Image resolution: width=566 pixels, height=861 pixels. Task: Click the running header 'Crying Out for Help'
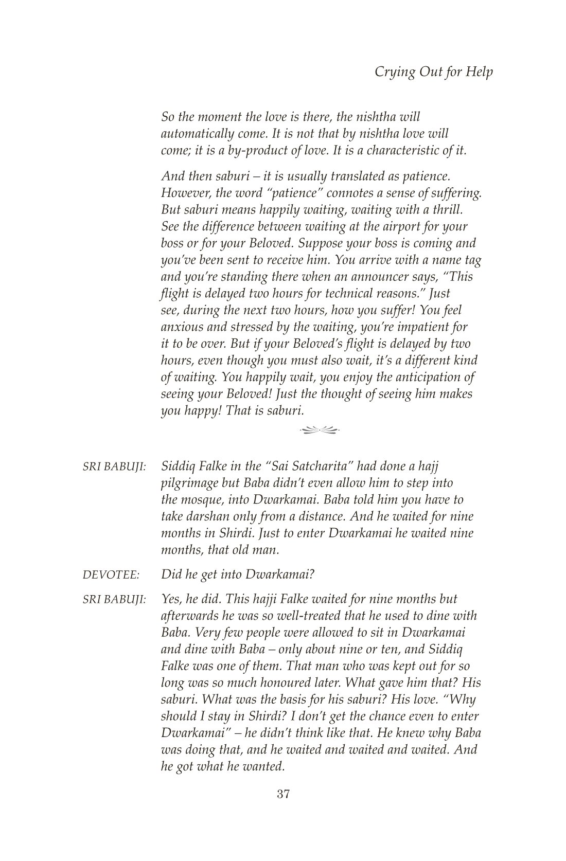click(433, 71)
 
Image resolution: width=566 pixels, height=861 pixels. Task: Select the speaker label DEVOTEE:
click(111, 575)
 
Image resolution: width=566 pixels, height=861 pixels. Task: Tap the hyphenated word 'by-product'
click(245, 151)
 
